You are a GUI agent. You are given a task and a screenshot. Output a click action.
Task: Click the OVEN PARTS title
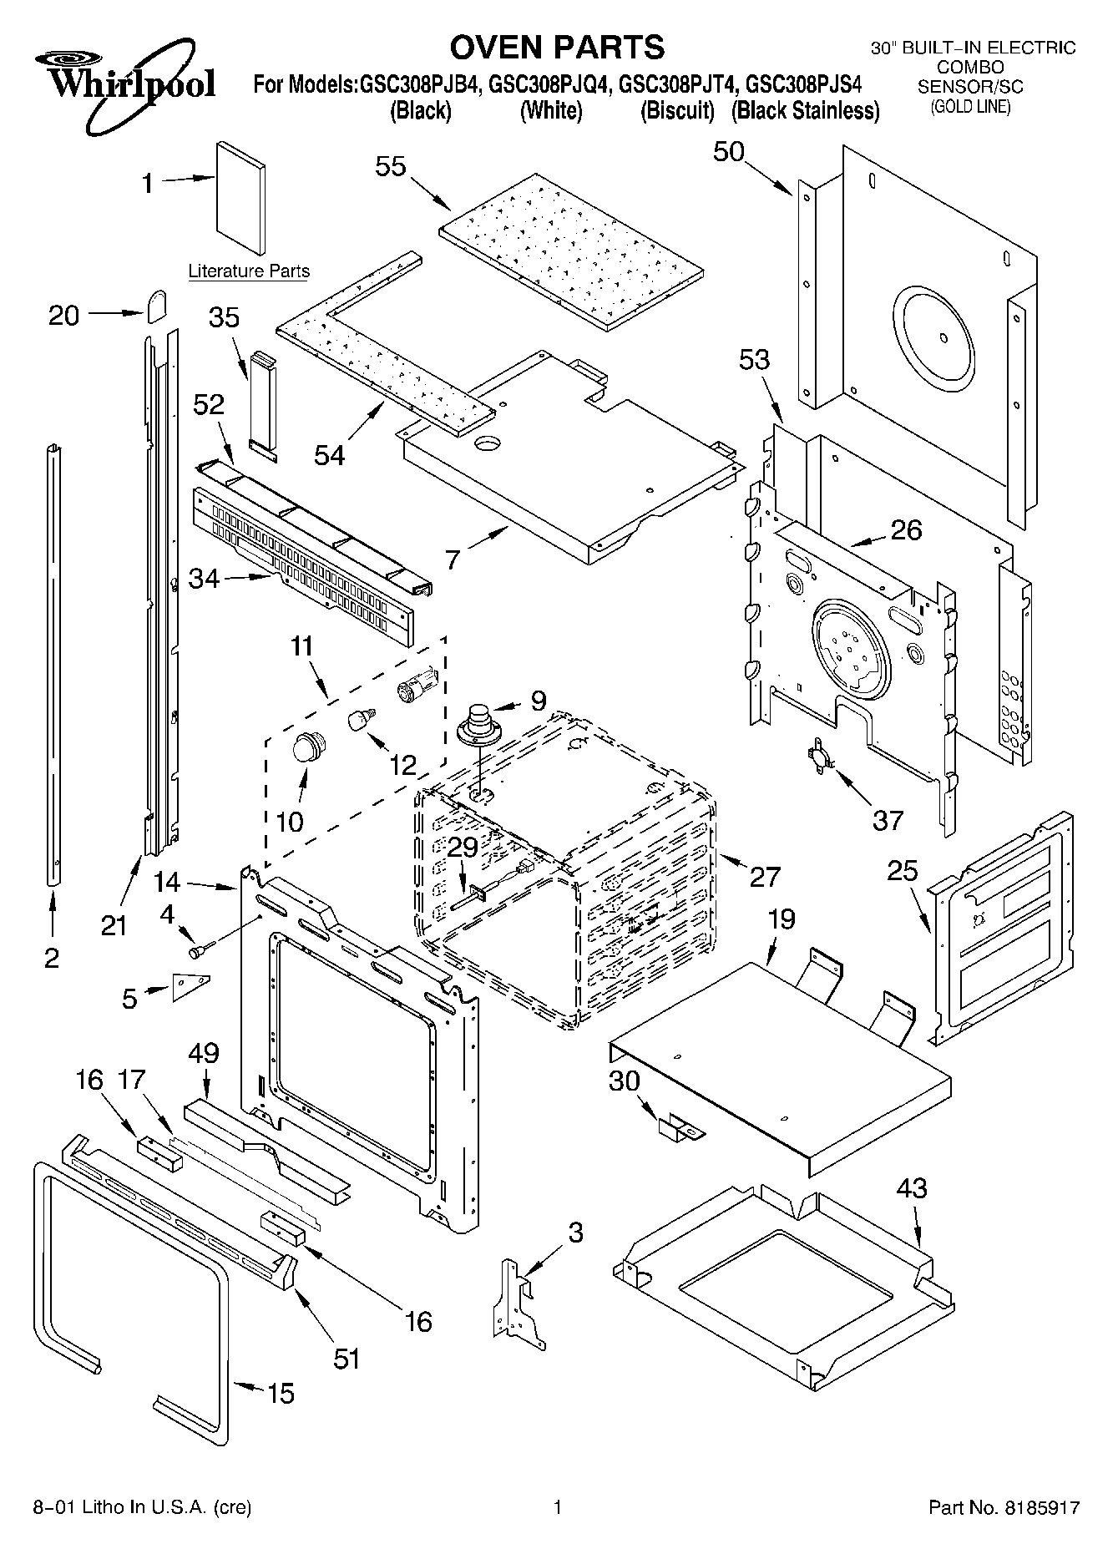[557, 47]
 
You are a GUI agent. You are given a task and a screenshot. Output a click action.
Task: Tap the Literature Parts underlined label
[249, 271]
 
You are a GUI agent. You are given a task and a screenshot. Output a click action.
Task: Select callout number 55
[390, 166]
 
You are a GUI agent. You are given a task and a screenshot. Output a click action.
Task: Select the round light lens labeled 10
[307, 746]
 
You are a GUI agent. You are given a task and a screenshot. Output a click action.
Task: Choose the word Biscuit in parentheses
[677, 111]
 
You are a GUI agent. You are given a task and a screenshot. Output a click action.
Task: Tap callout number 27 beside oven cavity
[764, 876]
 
